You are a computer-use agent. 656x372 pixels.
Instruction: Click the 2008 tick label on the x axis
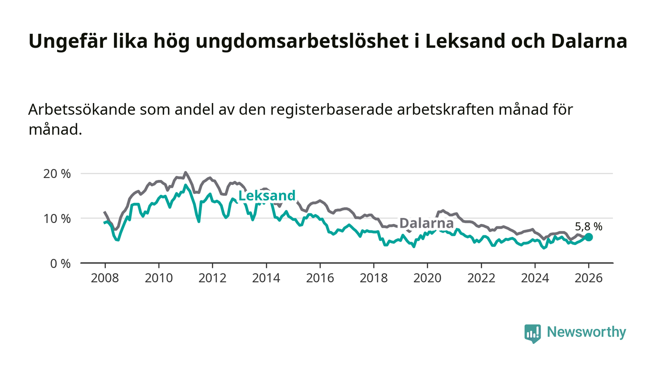click(105, 277)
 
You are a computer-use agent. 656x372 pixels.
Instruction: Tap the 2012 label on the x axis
click(212, 277)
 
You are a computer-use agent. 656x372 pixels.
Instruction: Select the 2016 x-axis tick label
click(320, 277)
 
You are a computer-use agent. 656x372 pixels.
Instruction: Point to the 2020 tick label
click(427, 277)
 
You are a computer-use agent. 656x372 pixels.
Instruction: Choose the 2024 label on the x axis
click(535, 277)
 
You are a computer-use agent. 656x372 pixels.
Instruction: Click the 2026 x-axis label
click(589, 277)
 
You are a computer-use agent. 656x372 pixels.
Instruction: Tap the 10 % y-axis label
click(59, 219)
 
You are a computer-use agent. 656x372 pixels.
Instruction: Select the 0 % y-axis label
click(61, 264)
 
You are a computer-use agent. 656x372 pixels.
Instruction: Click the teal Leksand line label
click(267, 196)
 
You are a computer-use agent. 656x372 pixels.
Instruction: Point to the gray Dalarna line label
click(426, 223)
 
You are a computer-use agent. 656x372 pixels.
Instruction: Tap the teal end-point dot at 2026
click(589, 237)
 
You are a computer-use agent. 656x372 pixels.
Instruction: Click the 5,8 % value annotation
click(589, 227)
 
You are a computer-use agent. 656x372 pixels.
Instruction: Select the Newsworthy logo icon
click(532, 333)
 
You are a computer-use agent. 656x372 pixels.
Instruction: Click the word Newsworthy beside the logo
click(586, 332)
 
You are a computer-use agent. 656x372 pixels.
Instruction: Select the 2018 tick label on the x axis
click(373, 277)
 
